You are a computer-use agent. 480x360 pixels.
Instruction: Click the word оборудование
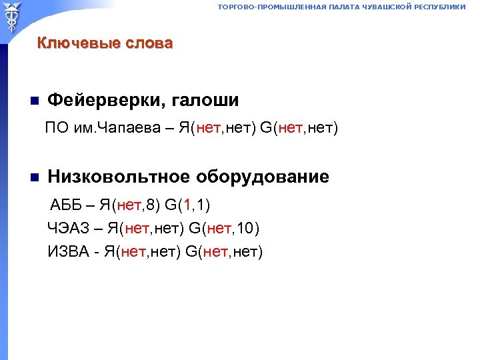(262, 177)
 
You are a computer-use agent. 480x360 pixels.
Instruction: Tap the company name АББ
(68, 203)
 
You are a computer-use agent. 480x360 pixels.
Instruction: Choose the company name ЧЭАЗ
(65, 229)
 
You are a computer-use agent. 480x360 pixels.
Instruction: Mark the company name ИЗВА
(66, 252)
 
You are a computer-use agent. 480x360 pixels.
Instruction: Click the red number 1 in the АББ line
(190, 203)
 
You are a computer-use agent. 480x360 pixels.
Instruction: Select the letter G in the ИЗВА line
(191, 252)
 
